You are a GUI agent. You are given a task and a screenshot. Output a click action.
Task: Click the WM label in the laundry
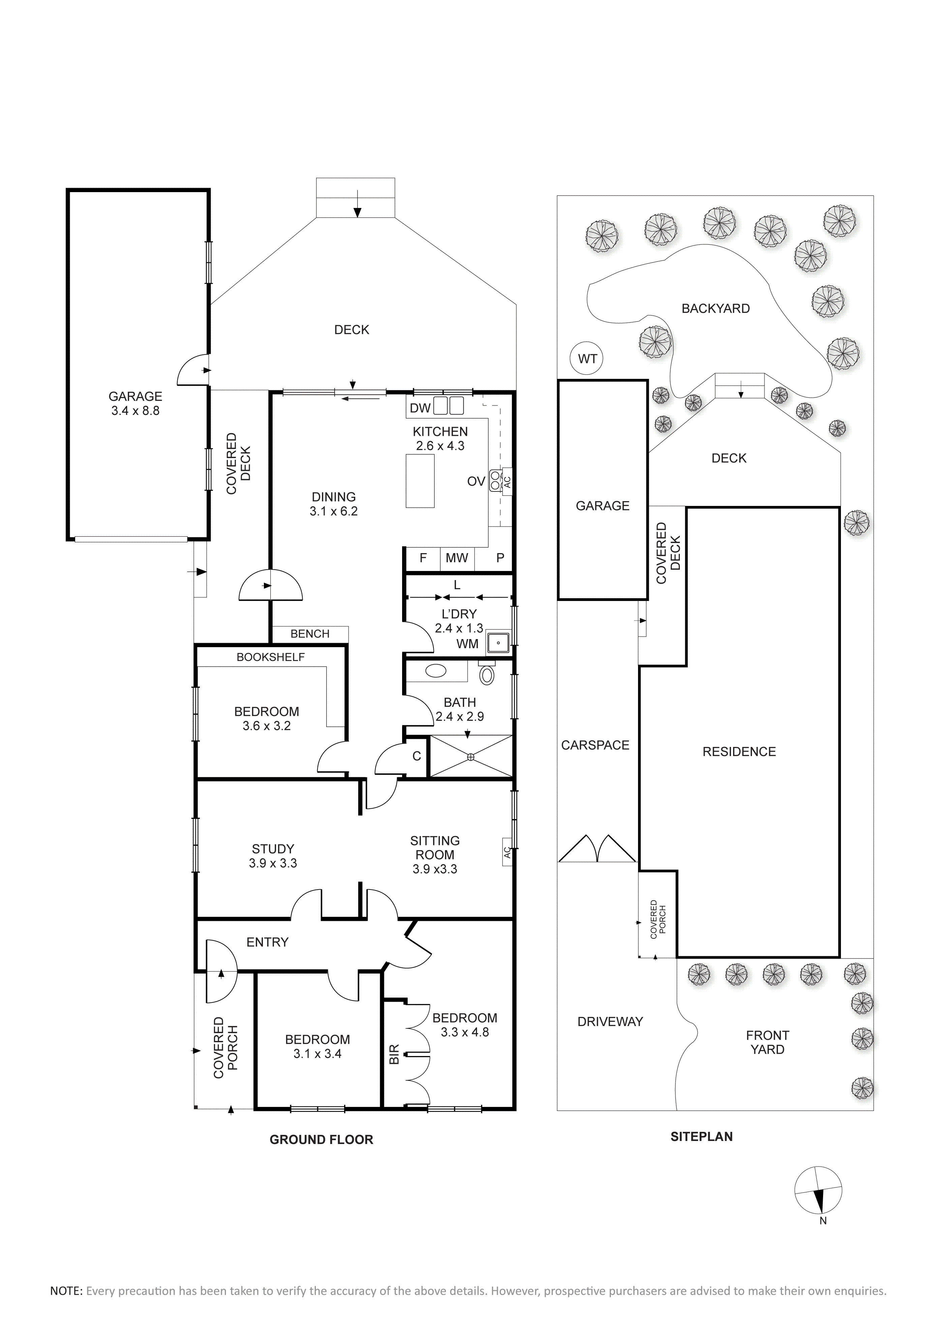coord(467,643)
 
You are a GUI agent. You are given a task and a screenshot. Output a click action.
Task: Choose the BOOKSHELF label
coord(271,657)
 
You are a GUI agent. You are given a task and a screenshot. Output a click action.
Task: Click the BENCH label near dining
coord(310,634)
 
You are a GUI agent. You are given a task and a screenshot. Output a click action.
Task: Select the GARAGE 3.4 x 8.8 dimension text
coord(135,411)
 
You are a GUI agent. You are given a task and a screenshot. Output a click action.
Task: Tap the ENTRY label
coord(267,942)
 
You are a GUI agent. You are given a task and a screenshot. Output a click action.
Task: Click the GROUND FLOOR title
coord(321,1139)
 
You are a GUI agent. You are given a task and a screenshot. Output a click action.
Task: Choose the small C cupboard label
coord(417,756)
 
